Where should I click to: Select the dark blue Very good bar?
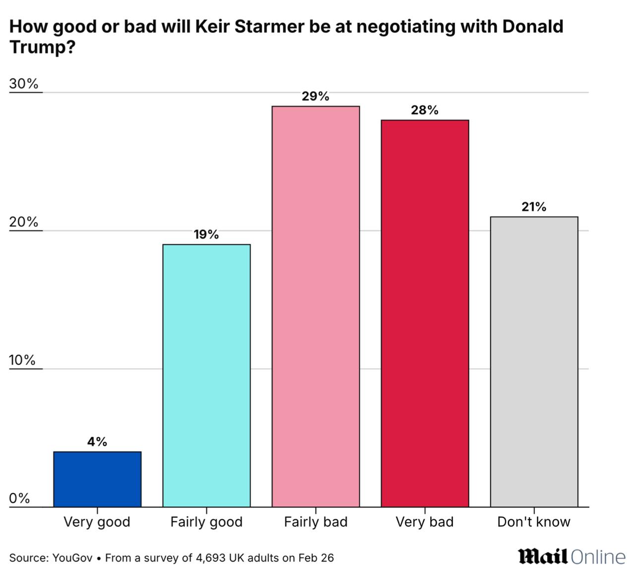click(x=97, y=479)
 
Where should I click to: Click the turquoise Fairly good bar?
click(x=206, y=375)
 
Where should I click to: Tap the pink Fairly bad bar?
click(x=316, y=306)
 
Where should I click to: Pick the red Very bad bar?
click(x=425, y=313)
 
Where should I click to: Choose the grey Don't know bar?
click(x=534, y=362)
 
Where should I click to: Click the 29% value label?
click(x=316, y=96)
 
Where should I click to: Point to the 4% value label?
click(x=97, y=441)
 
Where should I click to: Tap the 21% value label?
click(x=534, y=207)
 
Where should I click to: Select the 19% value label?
click(x=206, y=234)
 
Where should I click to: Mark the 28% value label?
click(x=425, y=110)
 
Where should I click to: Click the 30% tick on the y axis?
click(x=24, y=84)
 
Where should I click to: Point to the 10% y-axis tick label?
click(x=22, y=360)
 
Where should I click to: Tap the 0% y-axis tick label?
click(x=20, y=498)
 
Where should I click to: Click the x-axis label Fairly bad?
click(x=316, y=522)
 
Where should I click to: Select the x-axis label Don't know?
click(x=534, y=522)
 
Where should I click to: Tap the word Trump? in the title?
click(x=43, y=47)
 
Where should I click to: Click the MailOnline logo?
click(x=572, y=557)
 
